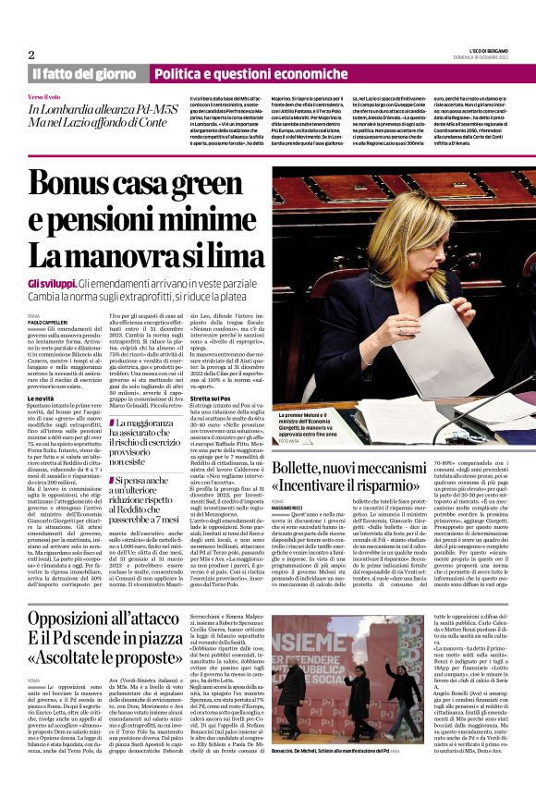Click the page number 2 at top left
click(x=31, y=55)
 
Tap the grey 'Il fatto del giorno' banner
click(x=84, y=74)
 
